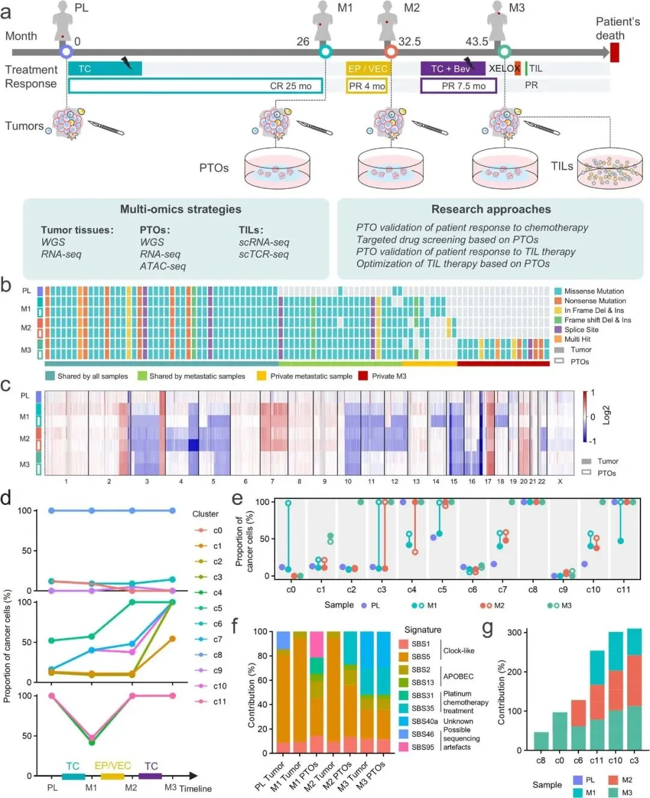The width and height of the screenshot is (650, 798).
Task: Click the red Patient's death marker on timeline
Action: (x=614, y=52)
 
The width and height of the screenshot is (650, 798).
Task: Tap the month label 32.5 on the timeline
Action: (x=410, y=42)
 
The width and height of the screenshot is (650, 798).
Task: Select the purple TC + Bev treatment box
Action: (x=453, y=69)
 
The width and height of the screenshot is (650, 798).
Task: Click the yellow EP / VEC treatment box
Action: (x=367, y=69)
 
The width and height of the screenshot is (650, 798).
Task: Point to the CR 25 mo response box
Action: (x=196, y=85)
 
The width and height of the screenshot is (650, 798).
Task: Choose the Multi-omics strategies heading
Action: (x=181, y=209)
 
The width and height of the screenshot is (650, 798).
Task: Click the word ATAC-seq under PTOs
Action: (x=162, y=266)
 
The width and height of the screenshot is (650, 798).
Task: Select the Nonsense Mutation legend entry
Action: (x=595, y=301)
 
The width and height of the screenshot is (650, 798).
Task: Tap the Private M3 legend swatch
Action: (x=363, y=376)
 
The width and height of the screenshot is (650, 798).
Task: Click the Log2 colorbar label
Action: (x=606, y=415)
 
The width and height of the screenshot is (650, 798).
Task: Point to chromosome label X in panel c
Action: (x=560, y=481)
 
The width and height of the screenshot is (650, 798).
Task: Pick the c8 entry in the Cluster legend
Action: (x=217, y=655)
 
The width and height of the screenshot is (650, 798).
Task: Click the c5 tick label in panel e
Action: (x=442, y=590)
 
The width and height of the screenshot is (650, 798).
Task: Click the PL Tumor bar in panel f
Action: (x=283, y=692)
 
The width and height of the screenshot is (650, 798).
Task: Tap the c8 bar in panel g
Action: (x=540, y=741)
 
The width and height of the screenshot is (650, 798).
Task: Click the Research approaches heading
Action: (x=491, y=209)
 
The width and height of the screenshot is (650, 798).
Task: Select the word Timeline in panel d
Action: (x=196, y=788)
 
